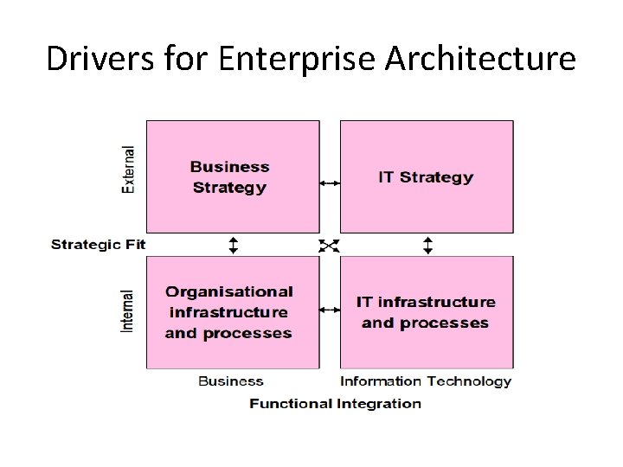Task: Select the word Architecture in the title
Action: (480, 59)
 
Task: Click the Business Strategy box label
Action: (229, 177)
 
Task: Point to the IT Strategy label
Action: (426, 177)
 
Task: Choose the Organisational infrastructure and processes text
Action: (228, 312)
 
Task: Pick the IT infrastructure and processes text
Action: (426, 312)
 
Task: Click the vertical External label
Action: (129, 169)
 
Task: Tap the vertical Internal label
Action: (128, 310)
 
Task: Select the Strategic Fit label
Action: (98, 245)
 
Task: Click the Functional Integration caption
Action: (335, 403)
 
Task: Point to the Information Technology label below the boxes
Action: (426, 381)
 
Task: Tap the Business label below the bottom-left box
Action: (231, 381)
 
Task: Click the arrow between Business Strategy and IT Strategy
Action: (330, 182)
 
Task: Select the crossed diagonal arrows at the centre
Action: (329, 246)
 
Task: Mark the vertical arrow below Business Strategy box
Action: (233, 245)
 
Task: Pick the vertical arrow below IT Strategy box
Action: (427, 245)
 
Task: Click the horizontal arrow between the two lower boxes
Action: (330, 310)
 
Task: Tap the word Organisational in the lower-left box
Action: (228, 291)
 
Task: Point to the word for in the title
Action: (179, 59)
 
